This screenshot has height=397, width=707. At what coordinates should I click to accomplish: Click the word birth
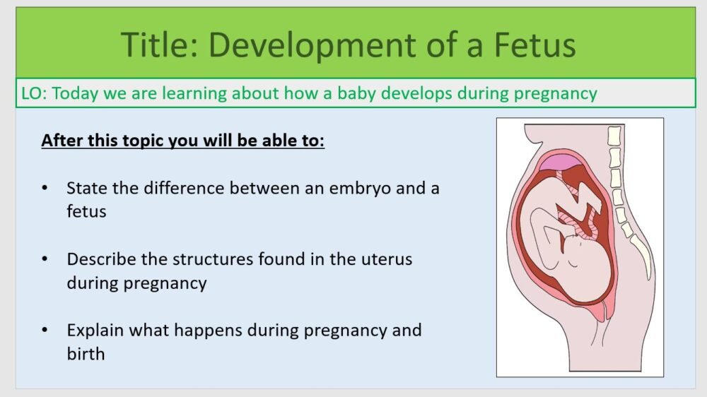[86, 353]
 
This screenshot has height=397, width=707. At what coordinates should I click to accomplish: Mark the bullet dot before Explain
[46, 331]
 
